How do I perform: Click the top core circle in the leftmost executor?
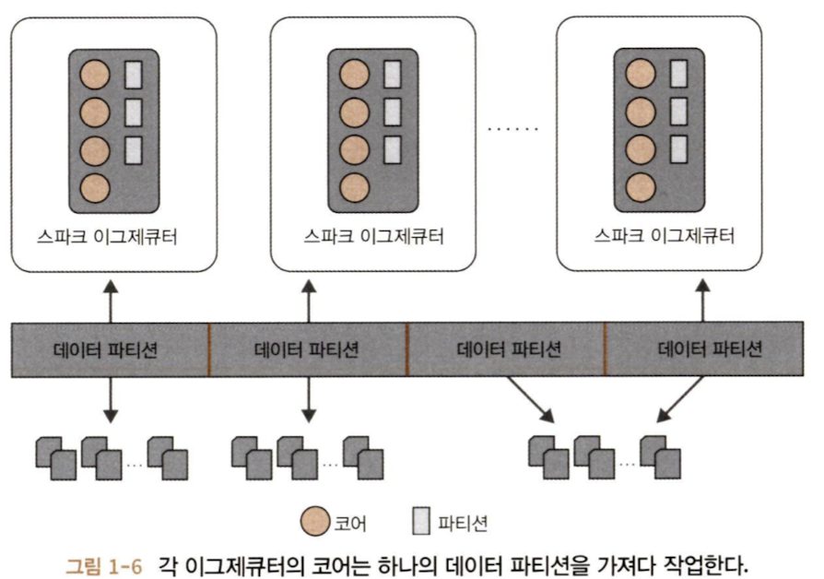pyautogui.click(x=94, y=74)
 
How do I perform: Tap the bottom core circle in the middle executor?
pyautogui.click(x=354, y=187)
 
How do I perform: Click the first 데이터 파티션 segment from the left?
pyautogui.click(x=110, y=349)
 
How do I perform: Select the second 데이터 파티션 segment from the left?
pyautogui.click(x=309, y=349)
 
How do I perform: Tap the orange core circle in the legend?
pyautogui.click(x=314, y=523)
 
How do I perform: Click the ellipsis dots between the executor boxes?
pyautogui.click(x=512, y=128)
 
